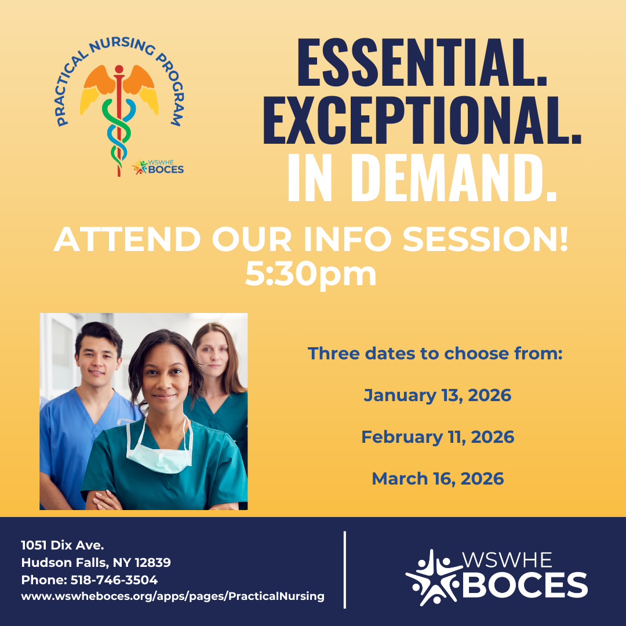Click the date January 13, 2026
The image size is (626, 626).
[438, 396]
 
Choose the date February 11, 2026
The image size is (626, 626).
[438, 437]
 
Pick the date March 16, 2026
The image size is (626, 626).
[438, 479]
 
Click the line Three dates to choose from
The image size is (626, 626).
[435, 354]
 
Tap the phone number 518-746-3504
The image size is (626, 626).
[114, 580]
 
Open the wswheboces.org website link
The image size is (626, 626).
[173, 596]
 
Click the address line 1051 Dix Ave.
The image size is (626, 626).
[63, 545]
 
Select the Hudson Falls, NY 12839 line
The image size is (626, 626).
[96, 562]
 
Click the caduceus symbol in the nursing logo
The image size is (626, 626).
[119, 116]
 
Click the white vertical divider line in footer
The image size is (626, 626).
[345, 569]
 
